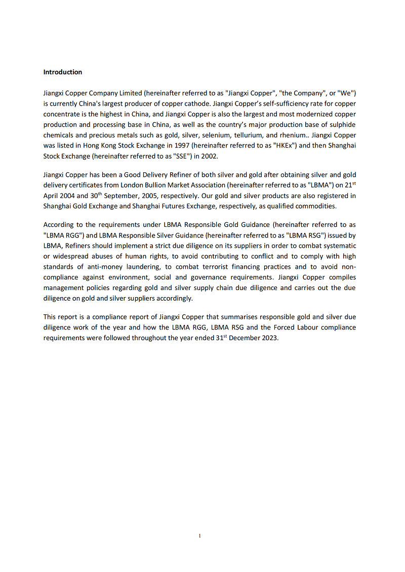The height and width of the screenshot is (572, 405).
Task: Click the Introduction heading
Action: [63, 72]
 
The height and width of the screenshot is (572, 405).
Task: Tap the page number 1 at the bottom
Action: [200, 536]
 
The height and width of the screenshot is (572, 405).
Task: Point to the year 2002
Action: [209, 156]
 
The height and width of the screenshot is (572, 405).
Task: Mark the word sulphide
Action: [343, 124]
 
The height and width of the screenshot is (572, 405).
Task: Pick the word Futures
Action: [178, 206]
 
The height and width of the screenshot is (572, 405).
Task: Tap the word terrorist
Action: [216, 267]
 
